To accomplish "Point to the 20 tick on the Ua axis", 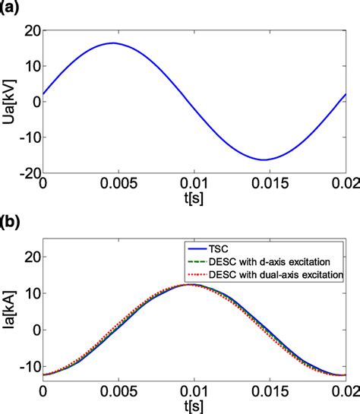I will (30, 31).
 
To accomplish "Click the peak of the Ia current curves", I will (193, 284).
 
